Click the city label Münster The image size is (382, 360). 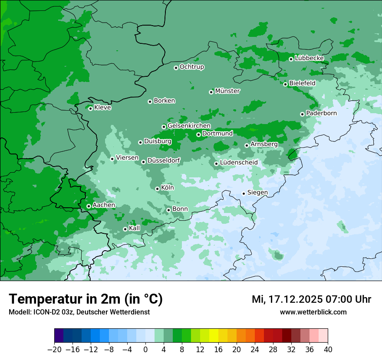coord(227,91)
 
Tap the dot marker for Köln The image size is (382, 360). coord(157,189)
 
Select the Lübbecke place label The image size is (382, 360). coord(309,58)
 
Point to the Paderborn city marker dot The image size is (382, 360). coord(302,114)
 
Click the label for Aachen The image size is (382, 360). coord(104,205)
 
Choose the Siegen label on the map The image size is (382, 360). coord(257,193)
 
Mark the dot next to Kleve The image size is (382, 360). coord(90,108)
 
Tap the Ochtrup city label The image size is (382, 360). coord(191,67)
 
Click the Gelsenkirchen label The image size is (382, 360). coord(189,126)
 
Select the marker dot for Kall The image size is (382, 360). coord(125,229)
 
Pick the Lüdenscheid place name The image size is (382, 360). coord(239,163)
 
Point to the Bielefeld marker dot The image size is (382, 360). coord(285,84)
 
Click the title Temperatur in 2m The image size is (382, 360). coord(86,299)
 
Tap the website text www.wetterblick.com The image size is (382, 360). coord(313,312)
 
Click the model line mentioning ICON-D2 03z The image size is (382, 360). coord(79,312)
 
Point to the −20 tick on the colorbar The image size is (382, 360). coord(54,350)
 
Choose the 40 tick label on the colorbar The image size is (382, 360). coord(328,350)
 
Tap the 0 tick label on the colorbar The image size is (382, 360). coord(145,350)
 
